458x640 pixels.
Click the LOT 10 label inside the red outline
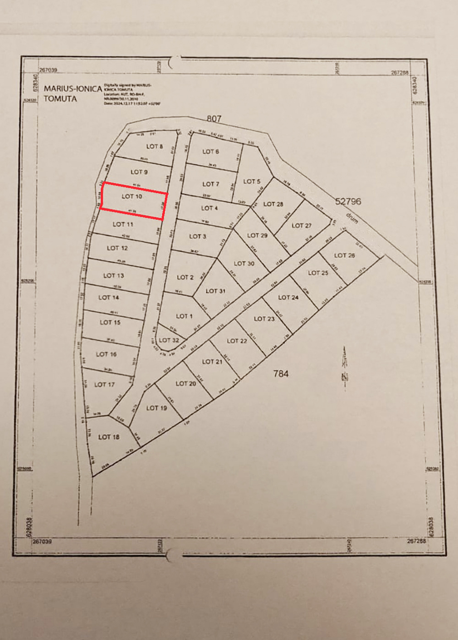click(132, 196)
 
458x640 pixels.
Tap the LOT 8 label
click(154, 146)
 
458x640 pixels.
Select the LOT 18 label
click(109, 437)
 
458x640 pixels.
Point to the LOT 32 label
click(169, 341)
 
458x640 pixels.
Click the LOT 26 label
click(344, 255)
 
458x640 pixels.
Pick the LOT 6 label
click(211, 152)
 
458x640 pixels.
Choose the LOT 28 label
click(273, 204)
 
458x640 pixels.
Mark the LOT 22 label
click(237, 341)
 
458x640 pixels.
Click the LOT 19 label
click(157, 408)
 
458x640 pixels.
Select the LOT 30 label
click(244, 264)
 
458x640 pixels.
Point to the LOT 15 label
click(110, 322)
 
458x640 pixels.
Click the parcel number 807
click(214, 119)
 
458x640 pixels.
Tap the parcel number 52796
click(348, 201)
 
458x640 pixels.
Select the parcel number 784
click(281, 374)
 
